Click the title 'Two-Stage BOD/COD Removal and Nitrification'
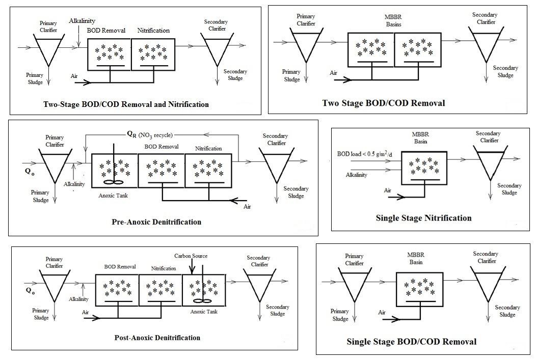(x=126, y=104)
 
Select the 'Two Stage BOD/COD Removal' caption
(x=383, y=103)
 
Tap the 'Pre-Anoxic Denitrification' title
(x=156, y=222)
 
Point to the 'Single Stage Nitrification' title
(x=423, y=218)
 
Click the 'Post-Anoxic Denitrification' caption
(x=157, y=338)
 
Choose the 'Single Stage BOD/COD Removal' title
(x=411, y=341)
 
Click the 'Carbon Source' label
(x=191, y=256)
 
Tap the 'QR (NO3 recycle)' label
(x=150, y=135)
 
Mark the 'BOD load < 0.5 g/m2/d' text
(x=365, y=154)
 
